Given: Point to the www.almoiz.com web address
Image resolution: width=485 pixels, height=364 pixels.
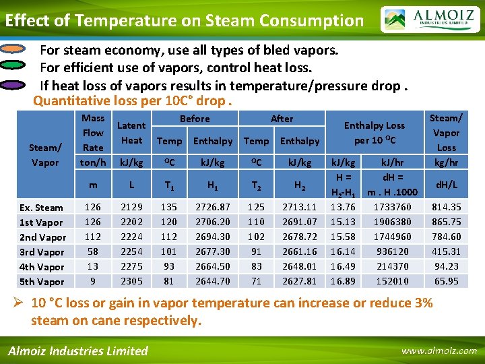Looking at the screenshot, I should click(x=438, y=351).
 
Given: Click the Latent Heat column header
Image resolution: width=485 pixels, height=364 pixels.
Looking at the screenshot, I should click(x=131, y=133).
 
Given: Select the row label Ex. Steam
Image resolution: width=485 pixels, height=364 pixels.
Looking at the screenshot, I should click(x=40, y=208).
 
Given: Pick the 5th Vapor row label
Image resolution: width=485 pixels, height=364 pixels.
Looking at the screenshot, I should click(x=42, y=282).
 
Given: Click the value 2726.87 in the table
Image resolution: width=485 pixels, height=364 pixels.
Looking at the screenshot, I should click(x=213, y=207).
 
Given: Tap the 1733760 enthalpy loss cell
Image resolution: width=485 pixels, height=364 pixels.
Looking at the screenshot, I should click(x=387, y=207).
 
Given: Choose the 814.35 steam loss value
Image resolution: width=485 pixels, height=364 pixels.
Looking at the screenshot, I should click(x=446, y=207).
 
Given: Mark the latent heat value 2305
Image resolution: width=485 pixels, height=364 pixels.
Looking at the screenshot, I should click(x=131, y=281).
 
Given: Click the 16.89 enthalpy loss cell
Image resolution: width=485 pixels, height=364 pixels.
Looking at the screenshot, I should click(x=342, y=281).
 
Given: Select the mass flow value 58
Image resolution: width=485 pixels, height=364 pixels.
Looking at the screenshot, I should click(x=93, y=251).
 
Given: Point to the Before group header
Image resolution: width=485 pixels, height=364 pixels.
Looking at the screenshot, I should click(x=195, y=119).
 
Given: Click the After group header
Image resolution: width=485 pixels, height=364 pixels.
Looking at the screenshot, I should click(x=282, y=119).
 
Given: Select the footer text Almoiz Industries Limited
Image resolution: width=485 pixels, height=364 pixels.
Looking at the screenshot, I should click(x=77, y=351).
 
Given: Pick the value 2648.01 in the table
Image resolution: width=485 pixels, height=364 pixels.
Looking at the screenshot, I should click(x=300, y=266).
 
